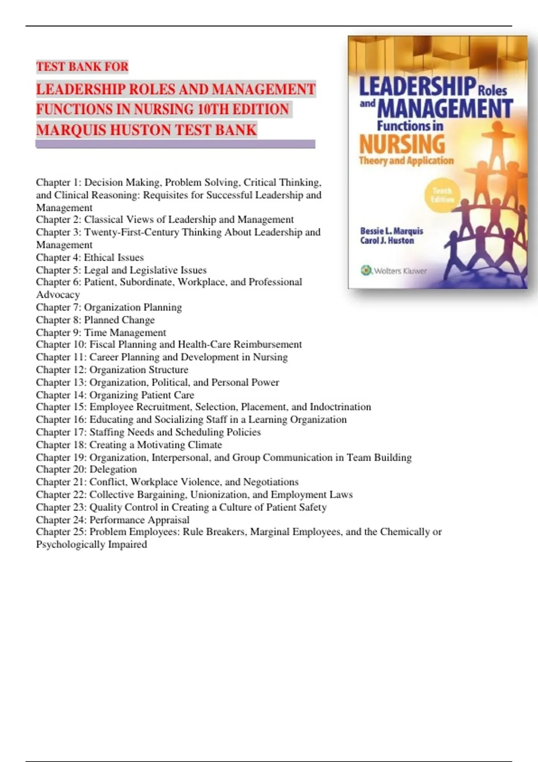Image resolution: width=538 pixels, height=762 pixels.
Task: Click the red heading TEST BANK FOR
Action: tap(82, 67)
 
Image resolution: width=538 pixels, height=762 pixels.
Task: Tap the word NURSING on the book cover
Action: tap(402, 145)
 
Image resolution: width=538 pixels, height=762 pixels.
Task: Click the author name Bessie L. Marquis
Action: tap(391, 231)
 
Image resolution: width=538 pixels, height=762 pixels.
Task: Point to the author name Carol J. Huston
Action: tap(387, 241)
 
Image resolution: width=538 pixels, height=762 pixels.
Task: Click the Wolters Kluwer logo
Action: tap(394, 271)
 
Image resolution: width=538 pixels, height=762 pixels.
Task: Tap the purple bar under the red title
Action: tap(175, 144)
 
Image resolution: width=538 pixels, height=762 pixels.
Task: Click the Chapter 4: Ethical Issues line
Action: tap(90, 257)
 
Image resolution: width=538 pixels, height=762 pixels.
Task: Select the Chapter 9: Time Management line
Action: tap(101, 333)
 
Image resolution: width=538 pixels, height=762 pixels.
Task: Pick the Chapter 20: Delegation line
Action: tap(86, 469)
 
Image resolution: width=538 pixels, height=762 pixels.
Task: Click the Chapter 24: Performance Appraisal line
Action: tap(113, 520)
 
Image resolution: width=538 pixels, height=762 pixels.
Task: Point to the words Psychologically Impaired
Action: tap(91, 544)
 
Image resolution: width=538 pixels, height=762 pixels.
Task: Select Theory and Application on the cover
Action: tap(406, 160)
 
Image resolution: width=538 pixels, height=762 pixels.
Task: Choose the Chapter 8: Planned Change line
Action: tap(95, 320)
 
